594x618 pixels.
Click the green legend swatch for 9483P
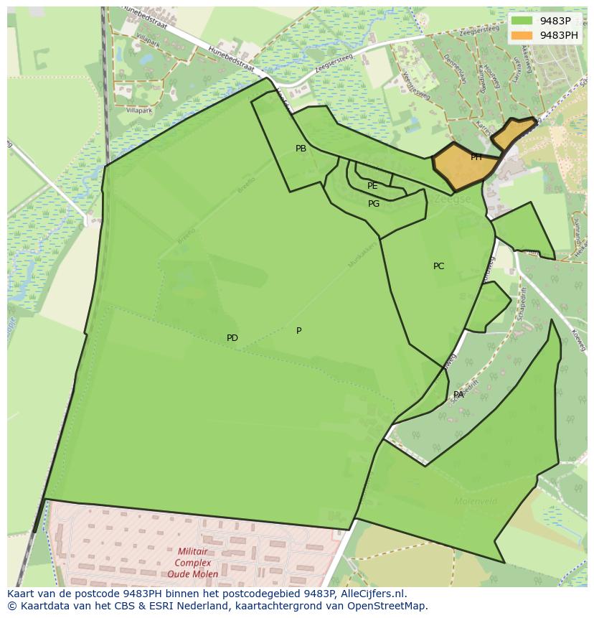coord(522,21)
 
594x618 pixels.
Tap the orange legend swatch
coord(522,35)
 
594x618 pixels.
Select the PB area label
coord(301,149)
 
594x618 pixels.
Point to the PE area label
coord(372,186)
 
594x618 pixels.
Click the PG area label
coord(374,204)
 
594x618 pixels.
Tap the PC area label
coord(438,266)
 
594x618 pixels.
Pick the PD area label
coord(232,338)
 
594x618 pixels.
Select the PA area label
coord(458,395)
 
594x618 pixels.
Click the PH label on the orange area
coord(476,157)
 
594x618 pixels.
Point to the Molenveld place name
coord(475,501)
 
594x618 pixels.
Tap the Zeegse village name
coord(452,199)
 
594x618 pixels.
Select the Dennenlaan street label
coord(455,69)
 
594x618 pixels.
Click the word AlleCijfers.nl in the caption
coord(373,594)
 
